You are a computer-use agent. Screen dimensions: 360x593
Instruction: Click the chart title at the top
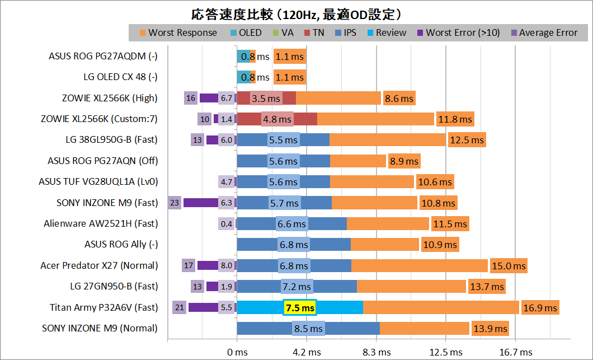(296, 12)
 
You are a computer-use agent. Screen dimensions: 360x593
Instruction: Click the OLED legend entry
(250, 32)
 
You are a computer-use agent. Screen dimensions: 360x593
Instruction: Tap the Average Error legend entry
(548, 32)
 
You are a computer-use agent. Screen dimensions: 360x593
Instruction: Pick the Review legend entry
(390, 32)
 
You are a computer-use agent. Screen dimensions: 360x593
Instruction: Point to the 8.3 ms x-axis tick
(376, 352)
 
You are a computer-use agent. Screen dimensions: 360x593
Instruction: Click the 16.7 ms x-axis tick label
(516, 352)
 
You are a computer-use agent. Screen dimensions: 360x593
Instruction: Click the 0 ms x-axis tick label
(237, 352)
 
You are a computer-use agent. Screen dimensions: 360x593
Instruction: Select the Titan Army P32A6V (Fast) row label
(103, 307)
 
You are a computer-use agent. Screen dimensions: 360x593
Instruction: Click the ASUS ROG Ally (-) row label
(121, 244)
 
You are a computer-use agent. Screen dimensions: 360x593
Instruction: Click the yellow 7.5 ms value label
(300, 307)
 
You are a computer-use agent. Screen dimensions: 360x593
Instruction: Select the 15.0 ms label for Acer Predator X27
(508, 265)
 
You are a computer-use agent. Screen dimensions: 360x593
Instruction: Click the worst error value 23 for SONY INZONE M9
(175, 203)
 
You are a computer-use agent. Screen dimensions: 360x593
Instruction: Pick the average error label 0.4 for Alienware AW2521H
(227, 223)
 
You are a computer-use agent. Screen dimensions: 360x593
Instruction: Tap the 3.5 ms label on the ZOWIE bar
(266, 98)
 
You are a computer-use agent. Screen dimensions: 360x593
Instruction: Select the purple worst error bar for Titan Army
(203, 307)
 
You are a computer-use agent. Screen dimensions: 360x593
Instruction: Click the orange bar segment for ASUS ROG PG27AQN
(358, 161)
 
